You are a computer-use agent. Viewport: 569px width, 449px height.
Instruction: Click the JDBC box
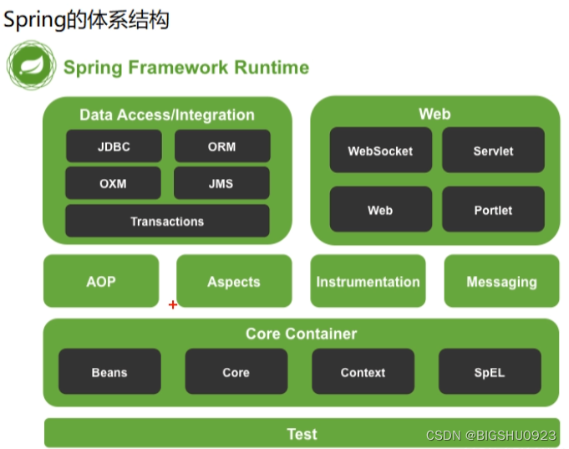[x=114, y=146]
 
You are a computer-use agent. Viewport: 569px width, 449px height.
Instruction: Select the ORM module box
[x=222, y=146]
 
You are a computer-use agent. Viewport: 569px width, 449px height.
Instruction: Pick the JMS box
[x=221, y=184]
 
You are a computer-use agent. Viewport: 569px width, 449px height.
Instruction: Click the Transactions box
[x=167, y=222]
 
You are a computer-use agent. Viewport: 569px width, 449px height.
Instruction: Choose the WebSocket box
[x=380, y=151]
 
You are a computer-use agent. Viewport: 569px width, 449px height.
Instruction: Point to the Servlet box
[x=493, y=151]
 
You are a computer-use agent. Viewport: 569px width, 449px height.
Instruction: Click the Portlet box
[x=493, y=210]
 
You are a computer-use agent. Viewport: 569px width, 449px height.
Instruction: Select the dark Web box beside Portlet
[x=380, y=210]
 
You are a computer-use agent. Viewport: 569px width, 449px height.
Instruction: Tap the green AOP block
[x=100, y=282]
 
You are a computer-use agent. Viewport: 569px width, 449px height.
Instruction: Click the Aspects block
[x=234, y=282]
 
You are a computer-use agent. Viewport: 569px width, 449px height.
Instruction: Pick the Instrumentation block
[x=368, y=282]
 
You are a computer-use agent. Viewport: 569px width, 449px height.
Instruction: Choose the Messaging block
[x=501, y=282]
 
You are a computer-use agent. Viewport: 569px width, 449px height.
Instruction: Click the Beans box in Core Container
[x=109, y=372]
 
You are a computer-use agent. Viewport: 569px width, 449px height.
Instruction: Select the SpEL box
[x=490, y=372]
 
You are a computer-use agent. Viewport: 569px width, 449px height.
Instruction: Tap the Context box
[x=363, y=372]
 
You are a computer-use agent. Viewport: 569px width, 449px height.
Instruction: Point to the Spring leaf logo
[x=31, y=67]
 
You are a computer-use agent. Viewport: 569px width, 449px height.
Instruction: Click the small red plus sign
[x=173, y=305]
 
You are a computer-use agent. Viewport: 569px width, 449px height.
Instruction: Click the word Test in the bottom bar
[x=302, y=434]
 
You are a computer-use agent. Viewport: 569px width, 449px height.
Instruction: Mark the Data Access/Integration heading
[x=167, y=115]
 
